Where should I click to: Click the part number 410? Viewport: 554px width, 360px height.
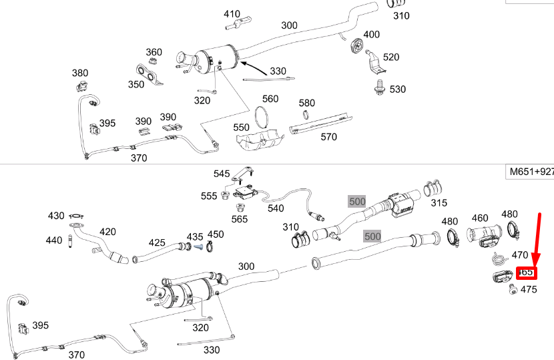point(232,14)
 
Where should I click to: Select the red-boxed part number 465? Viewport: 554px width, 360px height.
point(525,273)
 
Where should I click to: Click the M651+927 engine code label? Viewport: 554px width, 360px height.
point(531,172)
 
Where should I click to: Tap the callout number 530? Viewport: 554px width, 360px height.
point(397,89)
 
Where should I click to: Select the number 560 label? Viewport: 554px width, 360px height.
point(270,99)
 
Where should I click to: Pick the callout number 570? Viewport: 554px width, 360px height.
point(328,137)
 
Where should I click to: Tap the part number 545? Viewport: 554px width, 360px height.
point(222,174)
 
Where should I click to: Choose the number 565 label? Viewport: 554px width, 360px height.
point(239,218)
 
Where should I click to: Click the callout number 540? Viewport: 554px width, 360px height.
point(276,208)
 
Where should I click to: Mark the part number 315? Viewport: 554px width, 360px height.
point(439,202)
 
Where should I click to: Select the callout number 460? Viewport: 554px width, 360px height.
point(480,218)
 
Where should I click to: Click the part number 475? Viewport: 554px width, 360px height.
point(528,289)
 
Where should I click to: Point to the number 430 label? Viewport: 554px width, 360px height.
point(56,216)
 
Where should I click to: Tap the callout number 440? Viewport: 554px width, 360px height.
point(54,240)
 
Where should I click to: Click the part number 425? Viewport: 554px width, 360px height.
point(157,242)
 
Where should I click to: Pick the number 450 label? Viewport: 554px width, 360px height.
point(216,234)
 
